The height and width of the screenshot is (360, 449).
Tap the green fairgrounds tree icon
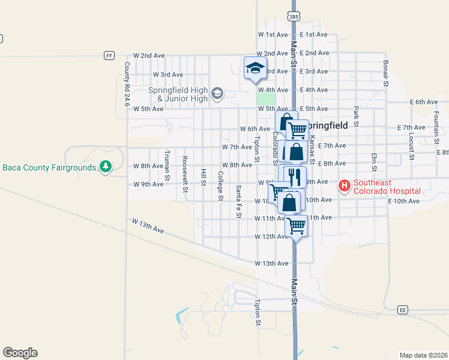click(106, 166)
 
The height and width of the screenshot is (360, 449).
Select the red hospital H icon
click(345, 186)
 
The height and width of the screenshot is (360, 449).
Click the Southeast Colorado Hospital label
click(387, 187)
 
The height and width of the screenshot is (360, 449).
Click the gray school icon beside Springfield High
click(217, 94)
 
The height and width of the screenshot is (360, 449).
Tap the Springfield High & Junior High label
click(178, 94)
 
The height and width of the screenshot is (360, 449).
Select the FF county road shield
click(109, 55)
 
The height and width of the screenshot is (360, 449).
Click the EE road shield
click(403, 310)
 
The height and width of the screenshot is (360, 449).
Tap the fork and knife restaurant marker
click(294, 177)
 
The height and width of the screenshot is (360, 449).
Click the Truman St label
click(167, 160)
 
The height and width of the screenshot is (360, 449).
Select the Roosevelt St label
click(185, 170)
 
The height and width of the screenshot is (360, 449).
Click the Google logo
click(20, 353)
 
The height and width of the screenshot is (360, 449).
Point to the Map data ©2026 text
click(423, 355)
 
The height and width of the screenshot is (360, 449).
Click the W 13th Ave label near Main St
click(271, 263)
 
